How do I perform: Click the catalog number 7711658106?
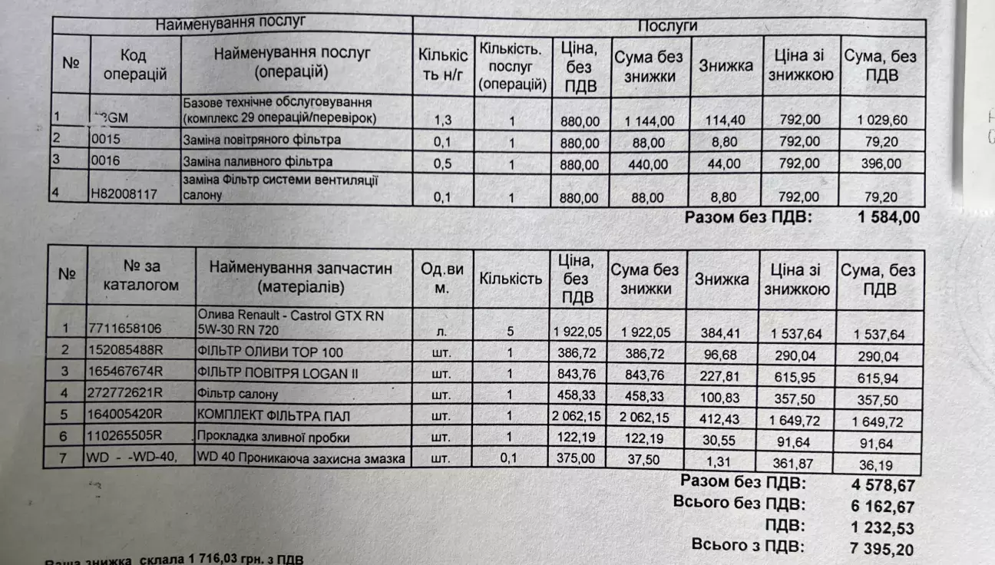(124, 329)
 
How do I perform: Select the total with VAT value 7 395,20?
(882, 549)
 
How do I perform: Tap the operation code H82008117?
(124, 194)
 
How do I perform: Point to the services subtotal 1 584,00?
(888, 217)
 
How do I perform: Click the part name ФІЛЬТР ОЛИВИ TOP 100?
(270, 352)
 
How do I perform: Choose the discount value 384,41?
(722, 333)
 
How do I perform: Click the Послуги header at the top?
(667, 25)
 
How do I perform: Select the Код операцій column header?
(134, 65)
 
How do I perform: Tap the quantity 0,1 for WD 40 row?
(509, 458)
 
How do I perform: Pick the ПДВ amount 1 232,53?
(882, 527)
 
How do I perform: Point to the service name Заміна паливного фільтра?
(257, 161)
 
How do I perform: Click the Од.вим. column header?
(442, 278)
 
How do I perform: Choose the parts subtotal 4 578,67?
(882, 485)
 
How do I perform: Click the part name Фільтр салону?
(237, 395)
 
